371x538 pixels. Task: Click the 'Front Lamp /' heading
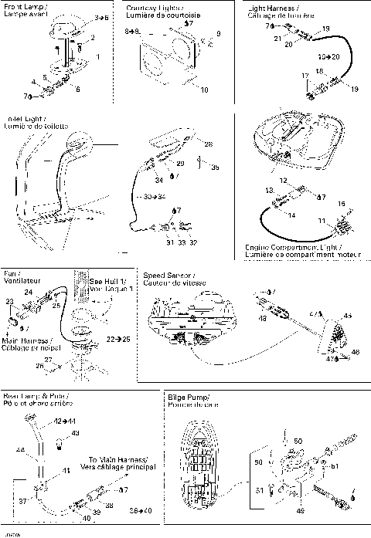click(x=25, y=5)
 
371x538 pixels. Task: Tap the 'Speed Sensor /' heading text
click(x=166, y=276)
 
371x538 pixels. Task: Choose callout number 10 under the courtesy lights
click(x=204, y=90)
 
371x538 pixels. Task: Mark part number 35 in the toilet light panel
click(x=215, y=166)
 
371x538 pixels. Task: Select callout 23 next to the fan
click(x=9, y=302)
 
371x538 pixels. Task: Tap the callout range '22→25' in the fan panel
click(x=117, y=338)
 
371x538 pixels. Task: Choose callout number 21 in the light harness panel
click(x=277, y=37)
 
